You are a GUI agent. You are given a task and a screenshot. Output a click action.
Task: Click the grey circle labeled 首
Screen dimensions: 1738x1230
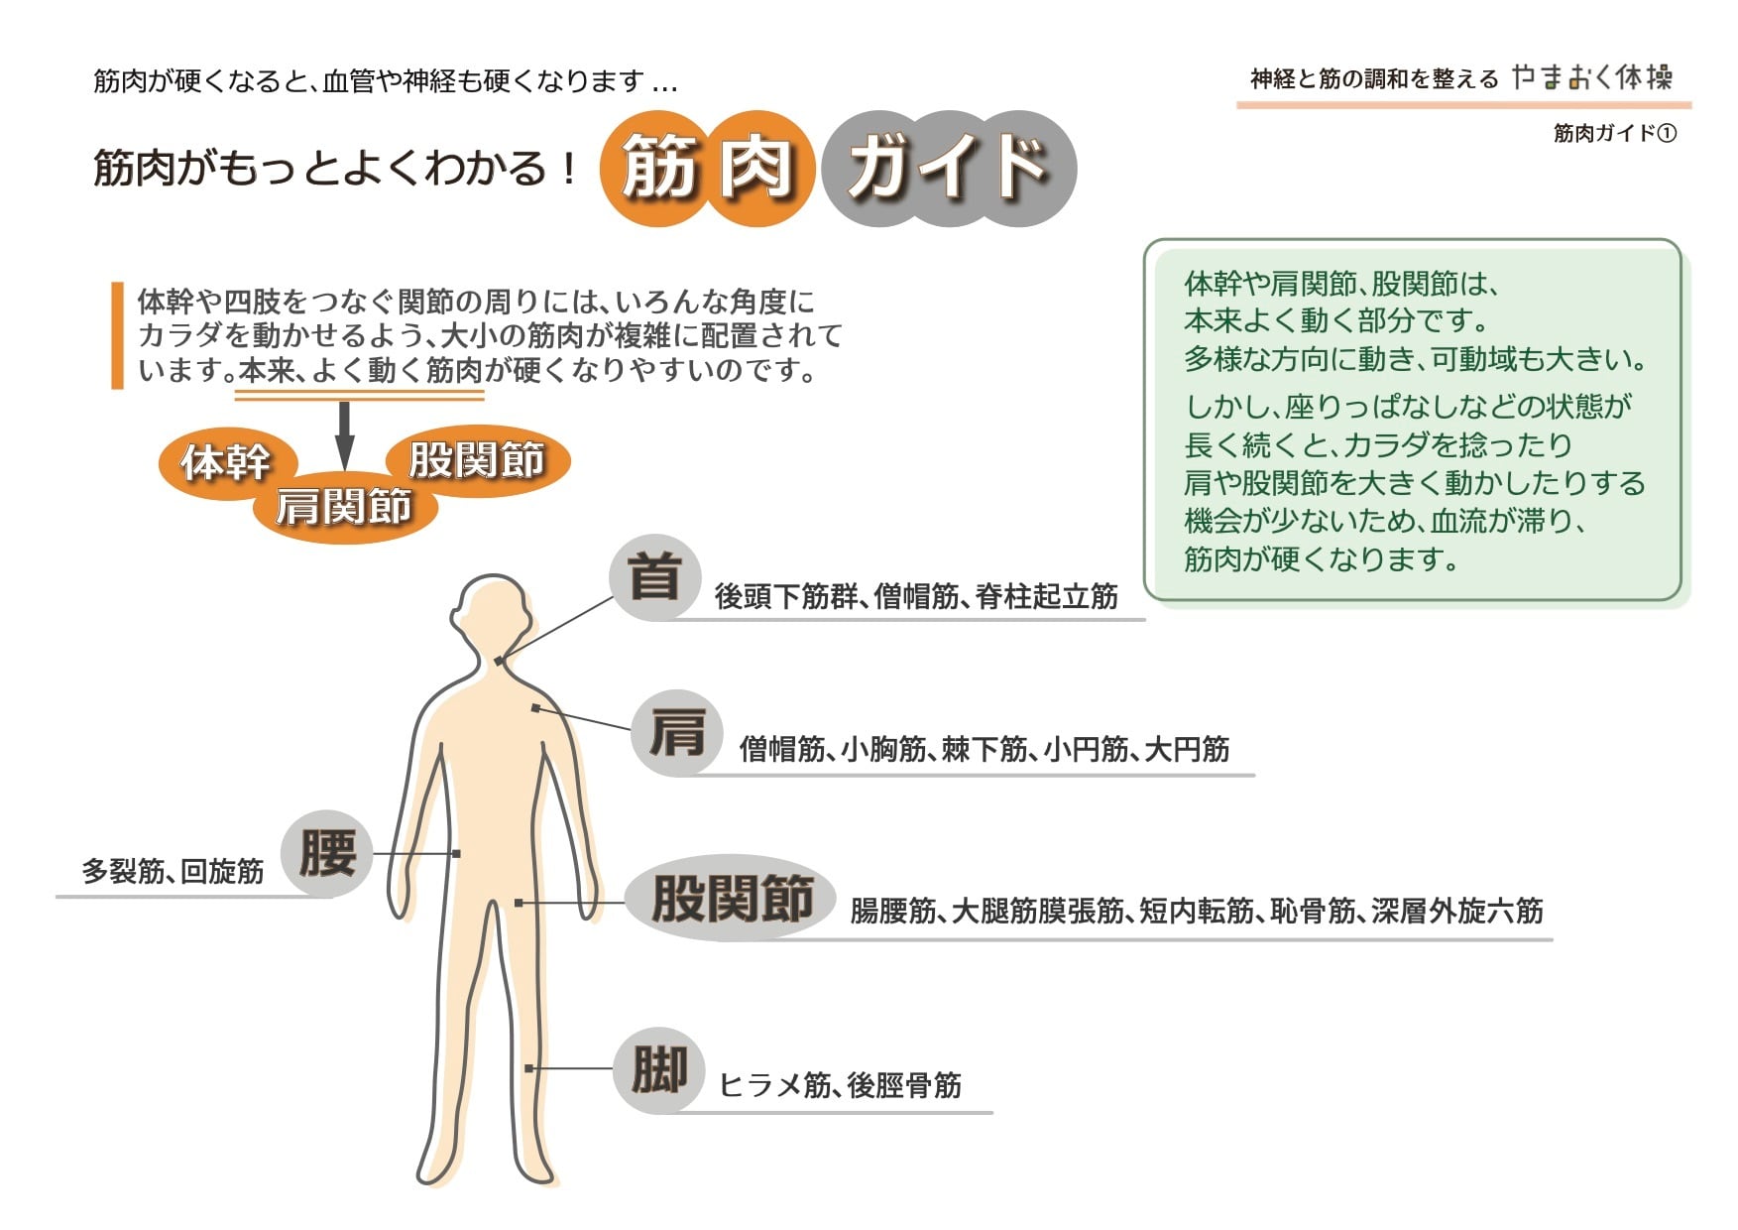coord(654,577)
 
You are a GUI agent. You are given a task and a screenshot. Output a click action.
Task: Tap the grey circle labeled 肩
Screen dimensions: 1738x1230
coord(677,733)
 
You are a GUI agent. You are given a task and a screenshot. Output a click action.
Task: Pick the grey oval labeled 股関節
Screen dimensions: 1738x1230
coord(732,898)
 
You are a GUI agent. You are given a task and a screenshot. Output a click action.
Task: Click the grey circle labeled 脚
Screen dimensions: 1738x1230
coord(659,1070)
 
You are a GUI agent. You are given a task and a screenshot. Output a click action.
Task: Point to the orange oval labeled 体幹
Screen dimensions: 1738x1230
coord(226,462)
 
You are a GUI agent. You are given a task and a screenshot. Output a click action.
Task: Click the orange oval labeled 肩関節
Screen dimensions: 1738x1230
coord(343,507)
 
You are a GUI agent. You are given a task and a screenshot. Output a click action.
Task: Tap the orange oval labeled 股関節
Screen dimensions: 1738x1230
coord(477,460)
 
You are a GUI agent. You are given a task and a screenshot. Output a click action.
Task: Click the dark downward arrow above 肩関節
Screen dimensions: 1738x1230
coord(344,434)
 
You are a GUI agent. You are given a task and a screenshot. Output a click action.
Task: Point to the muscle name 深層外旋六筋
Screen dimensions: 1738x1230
coord(1457,911)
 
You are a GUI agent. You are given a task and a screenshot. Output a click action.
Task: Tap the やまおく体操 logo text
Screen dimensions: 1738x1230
coord(1592,77)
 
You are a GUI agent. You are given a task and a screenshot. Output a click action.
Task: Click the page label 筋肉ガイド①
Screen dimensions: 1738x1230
coord(1614,133)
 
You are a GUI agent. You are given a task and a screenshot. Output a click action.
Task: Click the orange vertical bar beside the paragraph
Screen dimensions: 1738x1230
coord(117,336)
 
